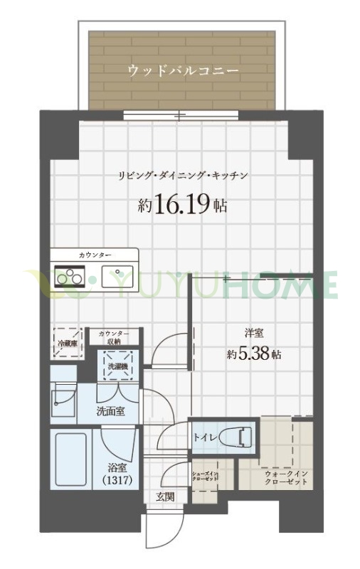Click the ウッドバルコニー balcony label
tap(182, 70)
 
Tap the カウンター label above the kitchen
tap(95, 254)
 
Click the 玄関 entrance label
tap(165, 497)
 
